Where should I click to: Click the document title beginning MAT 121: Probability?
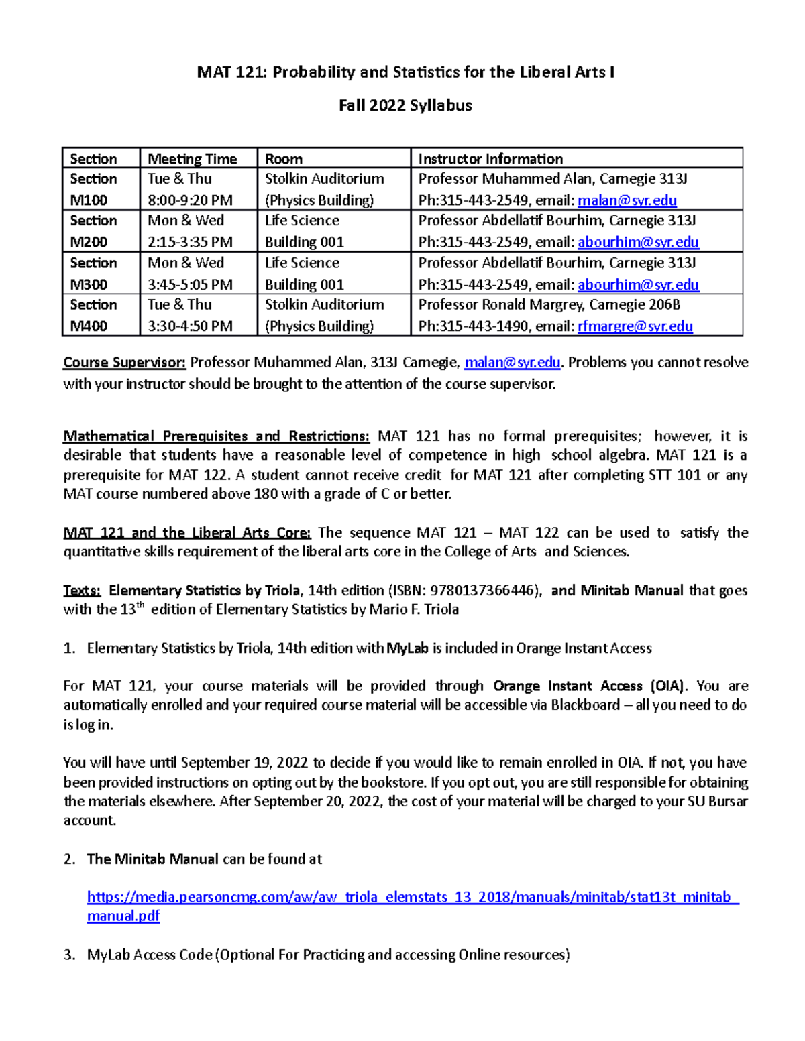405,72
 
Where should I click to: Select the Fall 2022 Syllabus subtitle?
405,105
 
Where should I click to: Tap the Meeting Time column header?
192,159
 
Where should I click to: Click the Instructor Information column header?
490,159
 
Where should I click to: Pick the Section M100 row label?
93,189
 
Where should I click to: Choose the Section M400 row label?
93,315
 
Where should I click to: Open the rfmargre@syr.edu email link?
635,326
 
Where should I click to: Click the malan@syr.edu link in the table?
627,200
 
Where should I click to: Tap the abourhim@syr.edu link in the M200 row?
638,242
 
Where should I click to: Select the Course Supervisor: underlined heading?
124,363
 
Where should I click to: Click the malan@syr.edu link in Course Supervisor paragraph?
512,363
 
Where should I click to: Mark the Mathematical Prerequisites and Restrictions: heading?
216,436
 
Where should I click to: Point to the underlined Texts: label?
82,591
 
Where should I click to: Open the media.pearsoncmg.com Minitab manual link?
413,898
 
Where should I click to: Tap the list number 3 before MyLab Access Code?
69,955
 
